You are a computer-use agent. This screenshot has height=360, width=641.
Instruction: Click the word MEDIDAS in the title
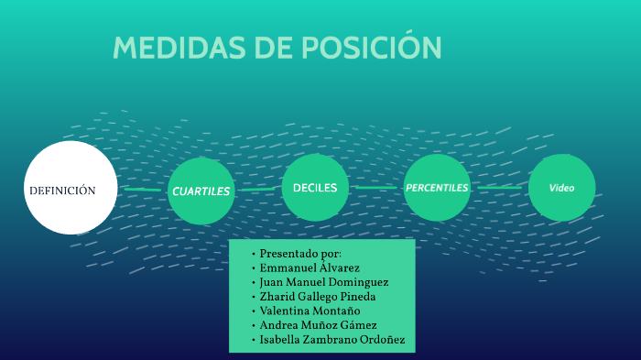click(x=179, y=48)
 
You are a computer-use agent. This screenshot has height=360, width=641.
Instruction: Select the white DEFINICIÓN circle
click(x=71, y=188)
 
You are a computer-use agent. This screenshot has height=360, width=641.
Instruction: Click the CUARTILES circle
click(x=201, y=191)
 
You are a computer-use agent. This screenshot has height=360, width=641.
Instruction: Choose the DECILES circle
click(x=315, y=188)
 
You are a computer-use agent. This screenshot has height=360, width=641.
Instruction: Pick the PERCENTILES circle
click(x=437, y=188)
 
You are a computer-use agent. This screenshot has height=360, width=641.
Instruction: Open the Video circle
click(x=561, y=188)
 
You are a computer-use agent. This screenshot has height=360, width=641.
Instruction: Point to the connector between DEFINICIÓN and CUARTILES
click(x=143, y=190)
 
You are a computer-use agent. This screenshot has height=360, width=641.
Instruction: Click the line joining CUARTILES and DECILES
click(x=258, y=190)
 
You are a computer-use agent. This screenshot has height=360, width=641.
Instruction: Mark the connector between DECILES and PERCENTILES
click(x=376, y=188)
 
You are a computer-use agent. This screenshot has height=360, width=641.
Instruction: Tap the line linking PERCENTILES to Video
click(x=500, y=188)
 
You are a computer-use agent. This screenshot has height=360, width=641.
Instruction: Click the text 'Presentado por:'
click(x=300, y=254)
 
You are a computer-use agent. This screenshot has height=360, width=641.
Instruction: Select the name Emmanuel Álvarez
click(x=310, y=267)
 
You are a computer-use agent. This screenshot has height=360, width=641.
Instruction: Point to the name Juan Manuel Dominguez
click(x=324, y=282)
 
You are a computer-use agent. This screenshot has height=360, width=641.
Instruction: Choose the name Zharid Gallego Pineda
click(x=318, y=297)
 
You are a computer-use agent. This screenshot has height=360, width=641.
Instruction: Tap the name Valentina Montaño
click(x=310, y=311)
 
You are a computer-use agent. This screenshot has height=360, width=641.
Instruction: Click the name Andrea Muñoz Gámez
click(x=318, y=325)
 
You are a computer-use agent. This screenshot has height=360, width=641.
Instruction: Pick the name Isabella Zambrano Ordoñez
click(x=332, y=340)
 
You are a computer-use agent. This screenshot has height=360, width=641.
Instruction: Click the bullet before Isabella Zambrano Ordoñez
click(x=254, y=340)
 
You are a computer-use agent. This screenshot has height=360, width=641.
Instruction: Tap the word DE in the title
click(x=274, y=48)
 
